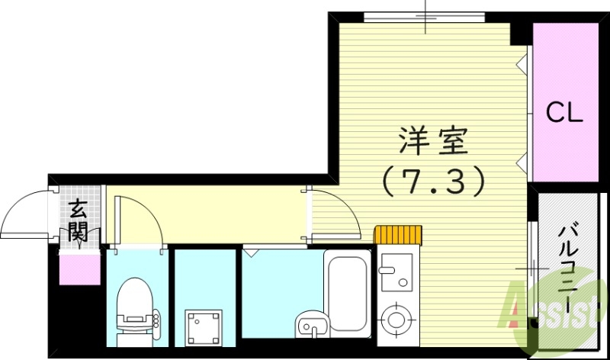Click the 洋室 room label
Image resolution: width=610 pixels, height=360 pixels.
[436, 141]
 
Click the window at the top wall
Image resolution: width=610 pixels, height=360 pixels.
[424, 16]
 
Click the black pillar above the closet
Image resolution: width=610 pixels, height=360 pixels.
[521, 31]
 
